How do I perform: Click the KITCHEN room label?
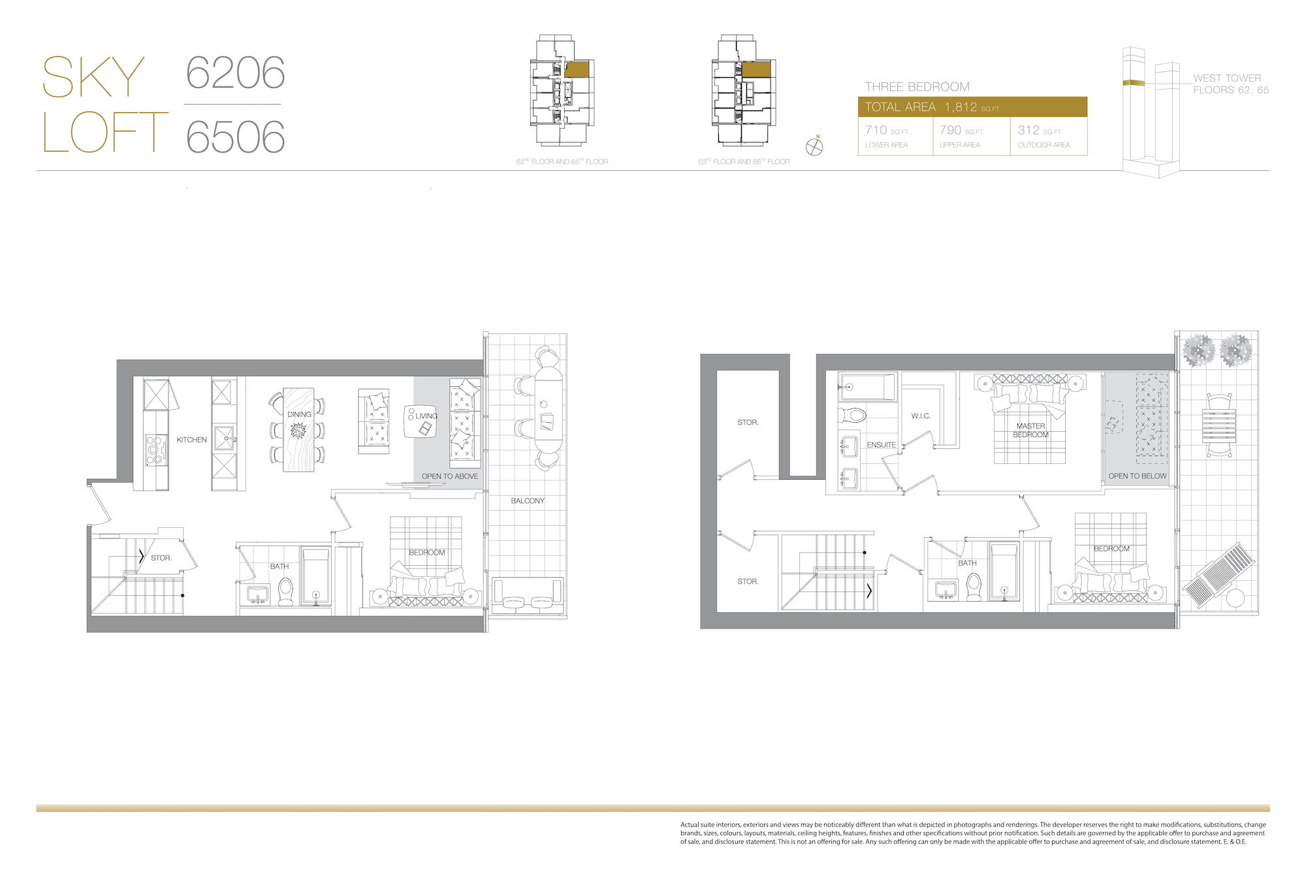point(191,440)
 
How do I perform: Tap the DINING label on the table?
point(299,414)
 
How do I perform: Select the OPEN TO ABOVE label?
point(450,476)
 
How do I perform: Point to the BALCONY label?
point(528,501)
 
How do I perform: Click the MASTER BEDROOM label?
point(1030,431)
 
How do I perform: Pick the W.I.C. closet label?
point(921,416)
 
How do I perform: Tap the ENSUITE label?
point(882,445)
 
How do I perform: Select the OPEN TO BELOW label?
point(1138,476)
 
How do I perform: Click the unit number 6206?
point(236,73)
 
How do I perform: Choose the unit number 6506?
point(236,137)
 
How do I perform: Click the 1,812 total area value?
point(961,107)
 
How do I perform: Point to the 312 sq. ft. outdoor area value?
point(1028,130)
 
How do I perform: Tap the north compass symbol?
point(814,146)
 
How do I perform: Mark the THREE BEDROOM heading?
point(917,87)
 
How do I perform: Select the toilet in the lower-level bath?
point(285,591)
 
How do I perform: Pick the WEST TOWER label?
point(1227,78)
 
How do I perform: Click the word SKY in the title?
point(93,77)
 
